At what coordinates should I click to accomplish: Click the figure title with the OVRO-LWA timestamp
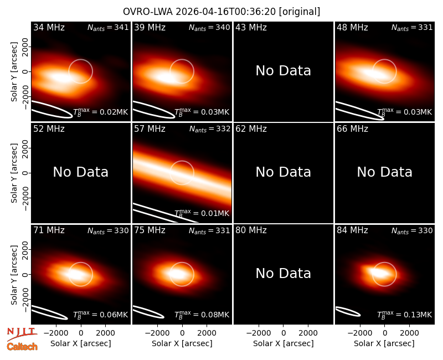[x=221, y=12]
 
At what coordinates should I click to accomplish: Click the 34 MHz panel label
[x=49, y=27]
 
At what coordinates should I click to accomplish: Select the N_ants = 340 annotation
[x=209, y=28]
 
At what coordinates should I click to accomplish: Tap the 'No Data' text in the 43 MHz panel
[x=284, y=71]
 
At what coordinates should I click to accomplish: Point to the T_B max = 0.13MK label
[x=405, y=315]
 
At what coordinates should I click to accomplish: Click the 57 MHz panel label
[x=150, y=129]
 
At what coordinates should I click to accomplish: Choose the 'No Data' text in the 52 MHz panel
[x=81, y=172]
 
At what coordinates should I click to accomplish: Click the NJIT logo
[x=22, y=333]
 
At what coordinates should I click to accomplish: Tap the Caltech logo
[x=22, y=347]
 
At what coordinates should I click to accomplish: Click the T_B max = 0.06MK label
[x=101, y=315]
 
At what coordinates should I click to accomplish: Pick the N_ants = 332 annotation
[x=210, y=129]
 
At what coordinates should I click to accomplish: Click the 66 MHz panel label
[x=352, y=129]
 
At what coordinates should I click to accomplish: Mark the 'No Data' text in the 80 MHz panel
[x=284, y=274]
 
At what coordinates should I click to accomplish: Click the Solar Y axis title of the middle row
[x=14, y=173]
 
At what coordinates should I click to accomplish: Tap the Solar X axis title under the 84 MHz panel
[x=384, y=343]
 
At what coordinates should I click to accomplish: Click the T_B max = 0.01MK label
[x=202, y=213]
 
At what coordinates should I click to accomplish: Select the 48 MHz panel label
[x=352, y=27]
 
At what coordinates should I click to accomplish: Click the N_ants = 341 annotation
[x=108, y=28]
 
